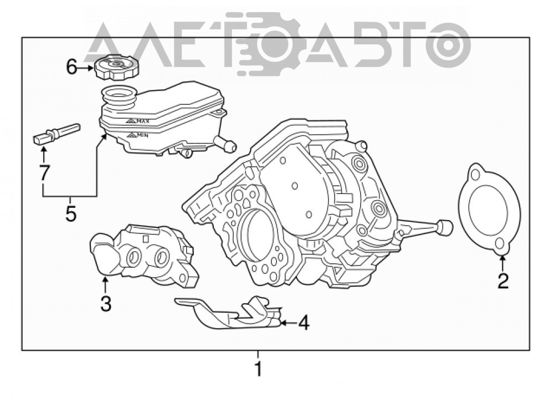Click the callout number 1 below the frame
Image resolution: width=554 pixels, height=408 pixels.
(259, 369)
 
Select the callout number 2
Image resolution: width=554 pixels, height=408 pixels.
(502, 282)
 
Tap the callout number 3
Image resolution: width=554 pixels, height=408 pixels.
(106, 303)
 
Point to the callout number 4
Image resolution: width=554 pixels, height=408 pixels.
(304, 323)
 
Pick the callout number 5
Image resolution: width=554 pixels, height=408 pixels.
(71, 213)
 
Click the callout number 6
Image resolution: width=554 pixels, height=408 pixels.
(71, 67)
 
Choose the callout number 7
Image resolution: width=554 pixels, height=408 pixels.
(44, 173)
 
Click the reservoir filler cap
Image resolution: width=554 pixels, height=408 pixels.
(116, 67)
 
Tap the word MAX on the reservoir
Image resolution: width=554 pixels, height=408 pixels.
(143, 121)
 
